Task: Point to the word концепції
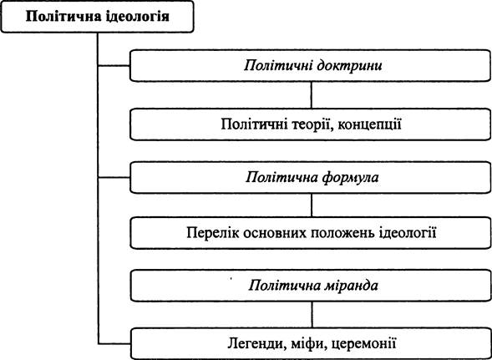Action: pyautogui.click(x=367, y=125)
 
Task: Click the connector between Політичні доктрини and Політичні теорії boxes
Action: pyautogui.click(x=312, y=95)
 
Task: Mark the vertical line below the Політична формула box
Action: pyautogui.click(x=312, y=205)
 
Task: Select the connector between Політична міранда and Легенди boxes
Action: pyautogui.click(x=312, y=315)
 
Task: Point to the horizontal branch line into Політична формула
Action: pyautogui.click(x=114, y=178)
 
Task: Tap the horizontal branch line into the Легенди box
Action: pyautogui.click(x=114, y=343)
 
